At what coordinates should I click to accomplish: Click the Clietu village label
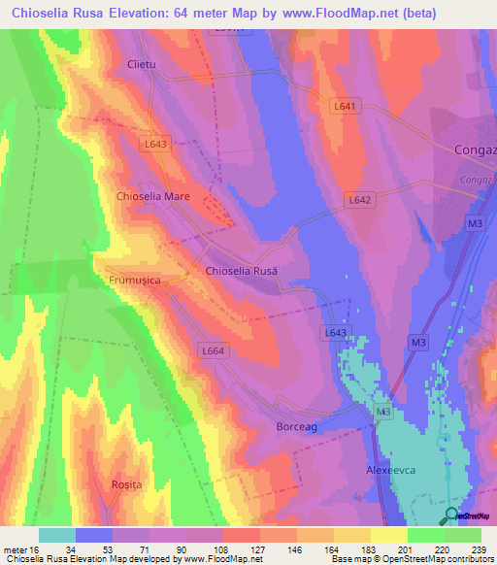pyautogui.click(x=142, y=65)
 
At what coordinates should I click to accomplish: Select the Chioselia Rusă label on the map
pyautogui.click(x=242, y=272)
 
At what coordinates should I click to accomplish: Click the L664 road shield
pyautogui.click(x=213, y=350)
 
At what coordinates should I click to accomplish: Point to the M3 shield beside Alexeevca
pyautogui.click(x=383, y=414)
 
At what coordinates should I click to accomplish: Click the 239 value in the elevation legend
pyautogui.click(x=480, y=549)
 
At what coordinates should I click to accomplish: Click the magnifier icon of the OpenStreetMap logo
pyautogui.click(x=451, y=516)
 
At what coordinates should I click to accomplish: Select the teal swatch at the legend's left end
pyautogui.click(x=57, y=535)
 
